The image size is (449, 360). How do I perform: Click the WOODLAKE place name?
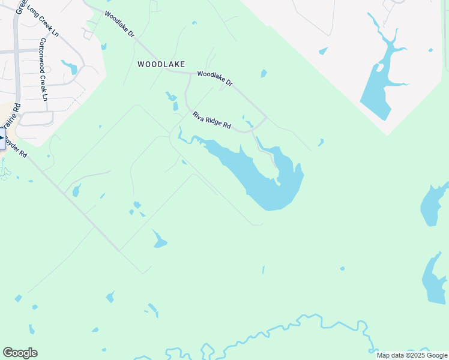point(161,64)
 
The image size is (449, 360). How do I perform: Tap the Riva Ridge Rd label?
point(211,120)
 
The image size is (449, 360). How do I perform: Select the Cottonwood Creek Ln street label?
point(43,69)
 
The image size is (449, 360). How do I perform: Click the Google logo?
point(20,353)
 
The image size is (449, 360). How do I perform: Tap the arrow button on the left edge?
point(2,139)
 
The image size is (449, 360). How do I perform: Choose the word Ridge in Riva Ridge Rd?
point(213,121)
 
